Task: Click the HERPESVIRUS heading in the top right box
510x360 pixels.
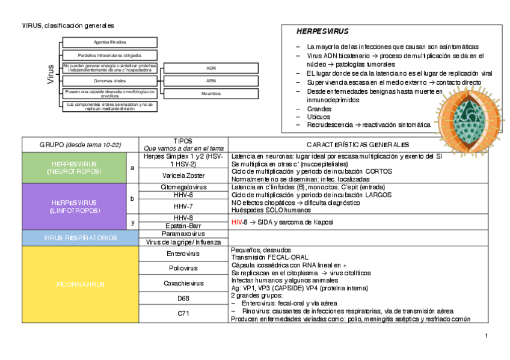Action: tap(322, 32)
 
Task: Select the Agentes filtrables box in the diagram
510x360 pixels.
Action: tap(110, 42)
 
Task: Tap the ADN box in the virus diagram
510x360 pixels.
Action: tap(210, 68)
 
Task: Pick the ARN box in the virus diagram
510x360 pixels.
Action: tap(210, 81)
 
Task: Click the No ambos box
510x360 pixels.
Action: tap(210, 94)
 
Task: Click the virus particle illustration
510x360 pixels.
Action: tap(469, 121)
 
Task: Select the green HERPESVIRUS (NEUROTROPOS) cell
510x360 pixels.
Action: tap(73, 168)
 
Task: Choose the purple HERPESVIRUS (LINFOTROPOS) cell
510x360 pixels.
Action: tap(73, 207)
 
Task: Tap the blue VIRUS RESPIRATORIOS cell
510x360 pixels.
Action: tap(80, 238)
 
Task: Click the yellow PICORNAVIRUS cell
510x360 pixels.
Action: tap(80, 284)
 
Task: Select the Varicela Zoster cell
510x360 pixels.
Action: tap(183, 175)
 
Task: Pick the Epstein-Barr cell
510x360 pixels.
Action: tap(183, 225)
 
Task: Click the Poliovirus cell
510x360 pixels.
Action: tap(183, 268)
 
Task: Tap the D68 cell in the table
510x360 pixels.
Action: tap(183, 298)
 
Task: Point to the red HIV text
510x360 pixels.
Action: tap(236, 222)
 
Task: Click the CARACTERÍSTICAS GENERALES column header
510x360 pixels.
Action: tap(358, 145)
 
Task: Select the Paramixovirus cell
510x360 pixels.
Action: tap(183, 233)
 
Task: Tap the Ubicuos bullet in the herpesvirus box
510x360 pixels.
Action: tap(318, 117)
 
